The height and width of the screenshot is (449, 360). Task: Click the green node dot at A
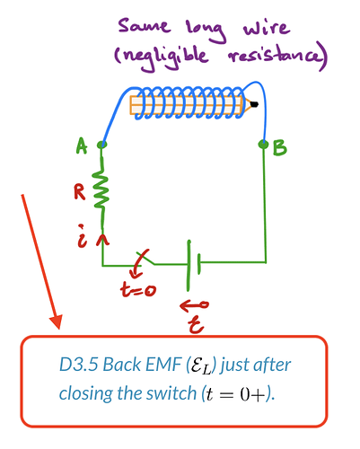point(102,145)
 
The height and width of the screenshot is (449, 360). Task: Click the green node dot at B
point(263,145)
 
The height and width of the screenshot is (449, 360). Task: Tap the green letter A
point(82,145)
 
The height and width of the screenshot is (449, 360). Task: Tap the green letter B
point(280,148)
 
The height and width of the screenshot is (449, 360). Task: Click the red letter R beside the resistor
point(80,191)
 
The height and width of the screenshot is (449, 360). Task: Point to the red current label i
point(83,236)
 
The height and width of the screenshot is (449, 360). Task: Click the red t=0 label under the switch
point(138,290)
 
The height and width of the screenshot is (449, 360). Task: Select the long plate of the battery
point(189,265)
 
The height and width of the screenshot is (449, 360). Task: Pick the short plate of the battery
point(198,264)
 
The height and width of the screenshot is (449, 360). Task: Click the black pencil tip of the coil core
point(254,104)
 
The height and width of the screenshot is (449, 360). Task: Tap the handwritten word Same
point(145,26)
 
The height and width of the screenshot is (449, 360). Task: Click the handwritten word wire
point(267,28)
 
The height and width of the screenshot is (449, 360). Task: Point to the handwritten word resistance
point(277,57)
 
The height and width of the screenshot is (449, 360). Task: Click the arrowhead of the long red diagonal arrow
point(57,322)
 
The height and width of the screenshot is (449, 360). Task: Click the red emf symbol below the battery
point(195,316)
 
